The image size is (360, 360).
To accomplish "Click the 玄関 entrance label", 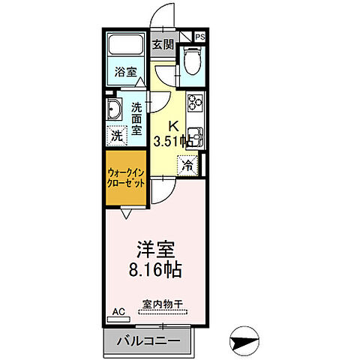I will [x=163, y=44].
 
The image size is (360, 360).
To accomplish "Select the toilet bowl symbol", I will [x=191, y=59].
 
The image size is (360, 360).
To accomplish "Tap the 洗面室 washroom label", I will [x=138, y=118].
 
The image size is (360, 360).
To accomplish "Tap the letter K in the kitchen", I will [x=171, y=126].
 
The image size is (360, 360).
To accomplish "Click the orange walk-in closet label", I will [x=125, y=178].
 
